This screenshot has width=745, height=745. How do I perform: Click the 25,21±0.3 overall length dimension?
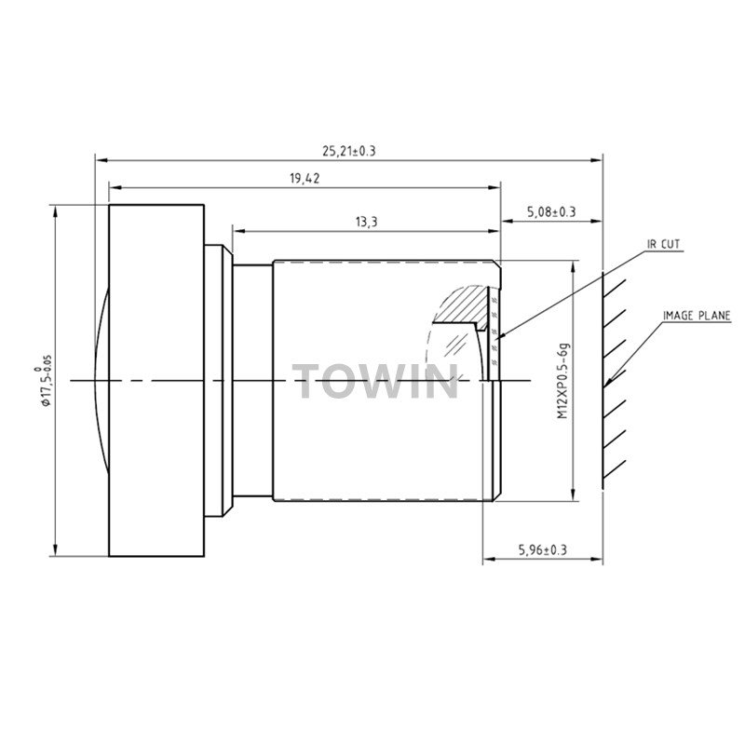pos(348,151)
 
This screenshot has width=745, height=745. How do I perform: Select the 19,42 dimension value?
pos(305,179)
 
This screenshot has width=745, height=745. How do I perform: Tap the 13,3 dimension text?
pos(366,222)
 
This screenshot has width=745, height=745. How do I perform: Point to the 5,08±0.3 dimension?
pos(551,212)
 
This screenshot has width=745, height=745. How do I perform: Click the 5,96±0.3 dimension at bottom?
pos(543,550)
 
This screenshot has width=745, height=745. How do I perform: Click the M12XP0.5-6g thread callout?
pos(563,380)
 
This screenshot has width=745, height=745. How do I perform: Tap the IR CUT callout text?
pos(664,244)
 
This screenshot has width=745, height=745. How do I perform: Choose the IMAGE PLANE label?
pos(697,316)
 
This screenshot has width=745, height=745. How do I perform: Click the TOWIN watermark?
pos(375,382)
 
